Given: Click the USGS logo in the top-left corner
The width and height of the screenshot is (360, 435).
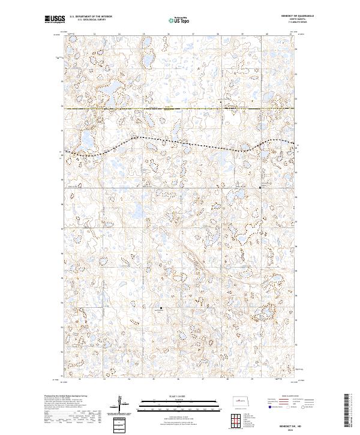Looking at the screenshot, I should pyautogui.click(x=55, y=19).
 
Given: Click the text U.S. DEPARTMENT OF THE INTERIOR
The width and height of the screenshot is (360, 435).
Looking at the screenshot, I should pyautogui.click(x=91, y=17).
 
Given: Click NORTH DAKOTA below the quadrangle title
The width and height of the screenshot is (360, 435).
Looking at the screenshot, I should pyautogui.click(x=281, y=19).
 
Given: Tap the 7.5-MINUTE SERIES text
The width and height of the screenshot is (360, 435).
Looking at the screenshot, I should pyautogui.click(x=281, y=22).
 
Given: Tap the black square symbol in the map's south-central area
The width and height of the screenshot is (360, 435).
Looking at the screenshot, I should pyautogui.click(x=161, y=309).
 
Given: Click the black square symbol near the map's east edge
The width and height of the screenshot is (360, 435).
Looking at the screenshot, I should pyautogui.click(x=260, y=188).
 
